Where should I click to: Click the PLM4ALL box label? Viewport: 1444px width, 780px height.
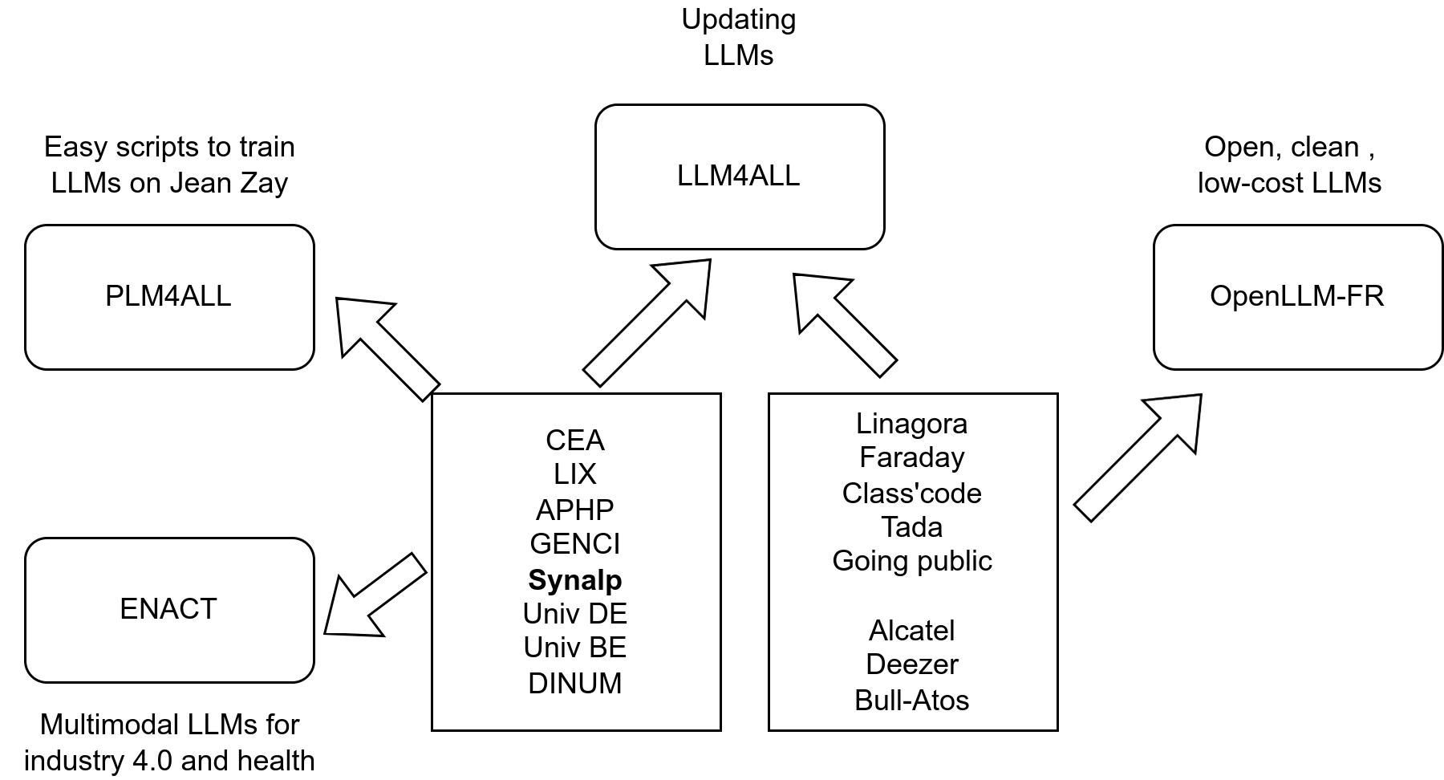point(168,296)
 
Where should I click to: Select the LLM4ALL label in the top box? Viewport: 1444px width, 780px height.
point(738,176)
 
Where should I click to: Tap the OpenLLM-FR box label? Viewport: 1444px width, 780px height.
point(1296,296)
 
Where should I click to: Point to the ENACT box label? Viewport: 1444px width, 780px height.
point(168,609)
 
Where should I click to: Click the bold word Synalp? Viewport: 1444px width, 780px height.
point(574,579)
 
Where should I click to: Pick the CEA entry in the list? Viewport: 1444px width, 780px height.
point(574,440)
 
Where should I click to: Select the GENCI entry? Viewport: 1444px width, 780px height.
point(574,544)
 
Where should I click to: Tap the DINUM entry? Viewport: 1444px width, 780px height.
point(574,684)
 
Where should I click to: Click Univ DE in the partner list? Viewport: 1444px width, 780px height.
point(574,614)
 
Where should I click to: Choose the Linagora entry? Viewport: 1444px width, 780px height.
point(911,423)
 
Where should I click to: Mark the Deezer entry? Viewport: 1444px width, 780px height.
point(911,664)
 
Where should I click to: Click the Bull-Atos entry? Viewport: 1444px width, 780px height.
point(911,701)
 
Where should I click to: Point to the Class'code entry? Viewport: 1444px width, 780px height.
point(911,493)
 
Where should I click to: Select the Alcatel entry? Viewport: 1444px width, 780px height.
point(911,631)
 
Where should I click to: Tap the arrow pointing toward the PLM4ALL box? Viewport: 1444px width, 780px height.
point(385,347)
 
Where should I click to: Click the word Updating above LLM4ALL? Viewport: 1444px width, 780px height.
point(738,19)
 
